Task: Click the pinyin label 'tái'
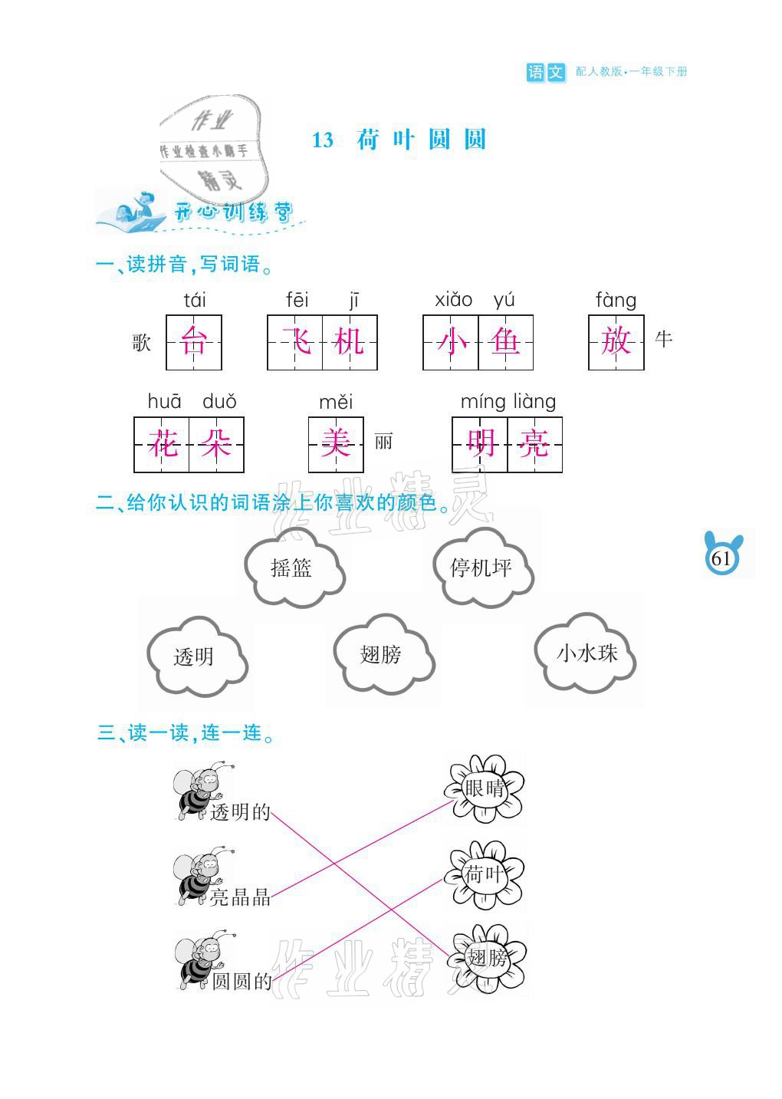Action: coord(195,300)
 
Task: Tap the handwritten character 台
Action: coord(194,342)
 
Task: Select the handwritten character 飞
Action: coord(295,342)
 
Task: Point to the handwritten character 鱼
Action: coord(505,342)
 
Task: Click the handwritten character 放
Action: coord(616,342)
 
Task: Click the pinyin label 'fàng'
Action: coord(616,300)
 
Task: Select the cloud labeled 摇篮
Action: coord(292,568)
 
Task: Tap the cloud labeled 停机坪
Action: coord(481,568)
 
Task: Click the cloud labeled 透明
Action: coord(195,656)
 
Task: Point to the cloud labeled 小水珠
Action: coord(586,653)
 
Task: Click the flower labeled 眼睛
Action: coord(485,788)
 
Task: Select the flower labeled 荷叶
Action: coord(485,874)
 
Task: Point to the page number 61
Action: coord(721,558)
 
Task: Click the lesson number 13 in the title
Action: coord(323,140)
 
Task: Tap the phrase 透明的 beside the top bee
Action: coord(241,812)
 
